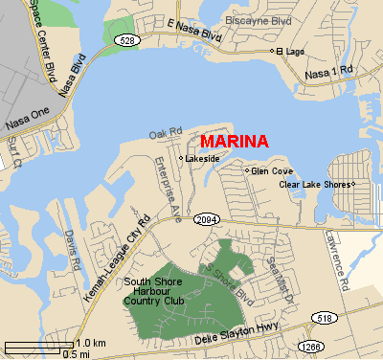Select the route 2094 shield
(x=206, y=219)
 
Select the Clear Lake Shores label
(x=314, y=184)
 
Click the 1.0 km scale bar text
(x=90, y=343)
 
